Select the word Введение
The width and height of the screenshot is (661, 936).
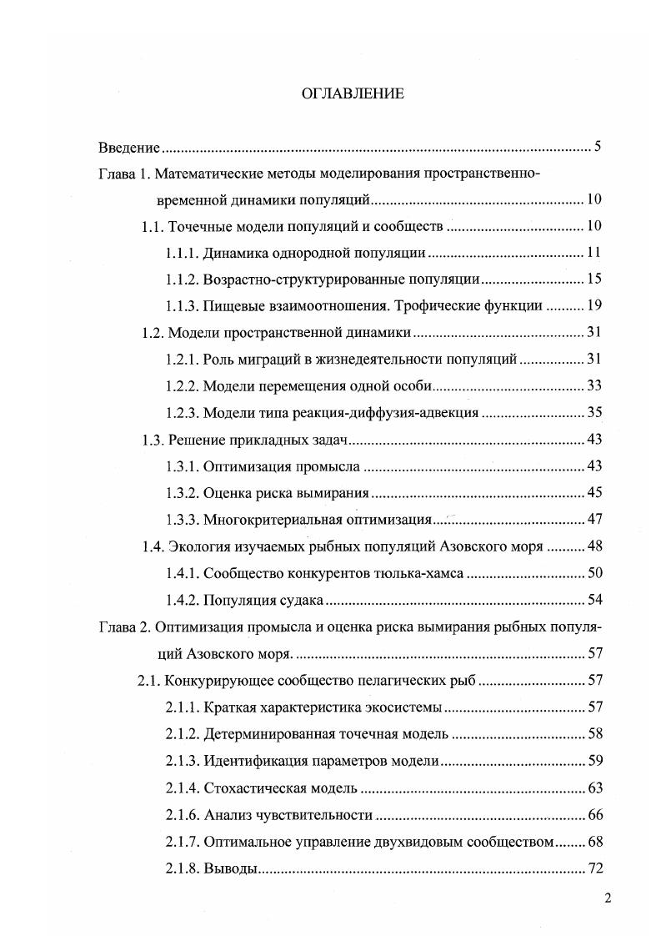[128, 148]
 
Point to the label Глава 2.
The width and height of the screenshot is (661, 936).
[125, 628]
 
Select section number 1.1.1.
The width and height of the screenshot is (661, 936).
[183, 253]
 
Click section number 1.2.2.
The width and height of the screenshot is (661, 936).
[183, 386]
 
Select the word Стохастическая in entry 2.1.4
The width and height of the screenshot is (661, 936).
[251, 788]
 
